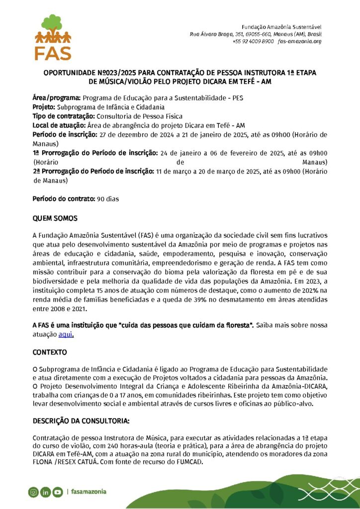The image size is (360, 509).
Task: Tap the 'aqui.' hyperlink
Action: click(66, 335)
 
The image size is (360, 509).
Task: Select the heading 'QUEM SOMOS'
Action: click(55, 219)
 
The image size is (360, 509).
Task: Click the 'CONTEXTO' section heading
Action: click(50, 352)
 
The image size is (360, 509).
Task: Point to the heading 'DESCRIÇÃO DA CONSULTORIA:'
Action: click(81, 421)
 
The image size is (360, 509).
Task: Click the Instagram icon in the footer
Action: click(33, 492)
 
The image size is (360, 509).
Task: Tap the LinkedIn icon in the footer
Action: click(45, 492)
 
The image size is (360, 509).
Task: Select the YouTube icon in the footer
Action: click(58, 492)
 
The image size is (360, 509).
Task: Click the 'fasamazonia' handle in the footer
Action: click(89, 492)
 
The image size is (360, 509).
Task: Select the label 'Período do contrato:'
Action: click(64, 199)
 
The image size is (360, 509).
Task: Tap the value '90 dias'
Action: click(108, 199)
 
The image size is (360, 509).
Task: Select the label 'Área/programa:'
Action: click(57, 98)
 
